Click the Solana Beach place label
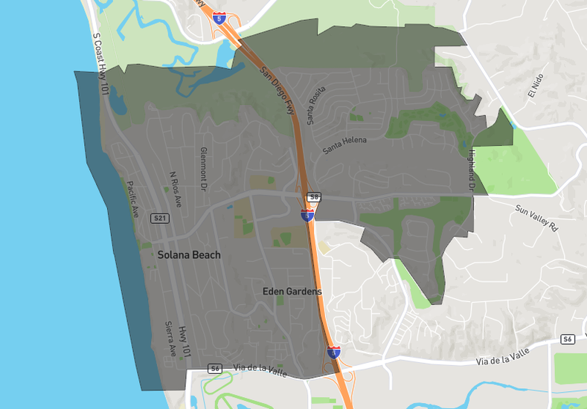tap(189, 254)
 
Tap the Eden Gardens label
tap(292, 292)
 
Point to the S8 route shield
tap(315, 197)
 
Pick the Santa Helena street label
tap(345, 146)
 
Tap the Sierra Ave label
tap(170, 338)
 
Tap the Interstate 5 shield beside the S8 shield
tap(307, 216)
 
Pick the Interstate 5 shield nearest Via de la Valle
tap(334, 352)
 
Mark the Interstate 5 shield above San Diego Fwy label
tap(219, 18)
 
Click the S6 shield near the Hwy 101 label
tap(215, 368)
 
